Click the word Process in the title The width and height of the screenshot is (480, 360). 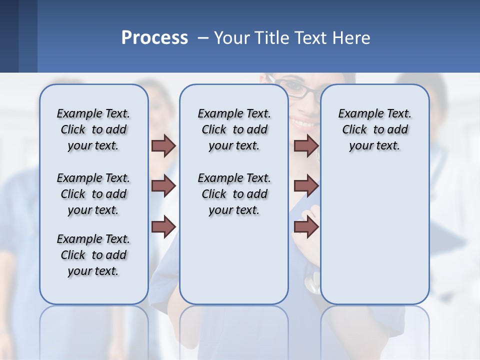[154, 37]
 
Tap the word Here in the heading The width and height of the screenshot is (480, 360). [349, 38]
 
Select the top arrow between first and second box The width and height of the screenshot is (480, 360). [163, 146]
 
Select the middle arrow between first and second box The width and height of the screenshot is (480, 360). [163, 186]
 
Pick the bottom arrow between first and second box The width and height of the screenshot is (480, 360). [163, 227]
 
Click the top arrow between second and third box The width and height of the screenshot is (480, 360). [306, 146]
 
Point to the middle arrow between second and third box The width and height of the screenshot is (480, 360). [306, 186]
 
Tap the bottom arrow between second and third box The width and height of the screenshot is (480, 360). [306, 227]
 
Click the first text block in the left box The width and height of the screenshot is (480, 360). [93, 129]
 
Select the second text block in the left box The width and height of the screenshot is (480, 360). [93, 194]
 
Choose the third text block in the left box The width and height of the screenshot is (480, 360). [93, 255]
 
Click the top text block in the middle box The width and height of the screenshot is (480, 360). [234, 129]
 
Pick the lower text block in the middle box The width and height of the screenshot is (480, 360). [234, 194]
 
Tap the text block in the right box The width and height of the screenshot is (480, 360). [375, 129]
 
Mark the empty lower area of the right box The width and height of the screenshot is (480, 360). [375, 240]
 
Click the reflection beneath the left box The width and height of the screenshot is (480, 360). [93, 330]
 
